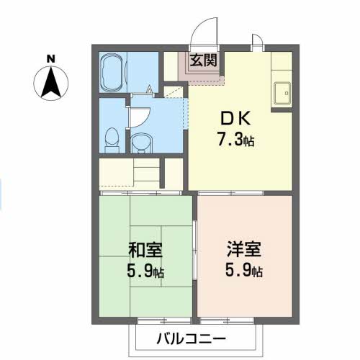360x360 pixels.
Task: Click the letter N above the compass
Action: coord(50,58)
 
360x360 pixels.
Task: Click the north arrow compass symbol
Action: coord(50,81)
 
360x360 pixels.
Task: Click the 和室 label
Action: coord(145,252)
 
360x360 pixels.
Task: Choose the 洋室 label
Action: coord(243,252)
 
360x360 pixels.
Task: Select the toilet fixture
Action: coord(111,138)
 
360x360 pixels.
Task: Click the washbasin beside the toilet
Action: coord(140,141)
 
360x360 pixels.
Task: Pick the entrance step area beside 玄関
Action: coord(173,68)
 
